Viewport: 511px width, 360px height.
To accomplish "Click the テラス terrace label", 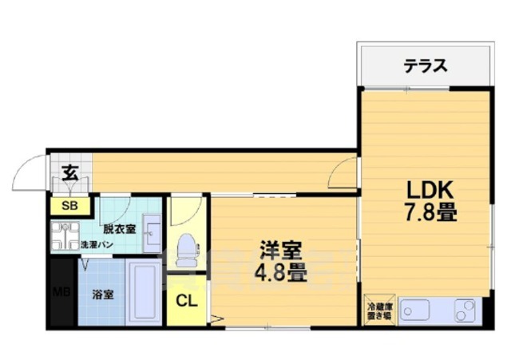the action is click(426, 66).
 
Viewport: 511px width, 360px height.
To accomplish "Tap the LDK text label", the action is click(430, 190).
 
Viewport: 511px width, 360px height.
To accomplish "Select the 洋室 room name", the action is click(280, 251).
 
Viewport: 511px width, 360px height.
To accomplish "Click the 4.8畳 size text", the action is click(280, 272).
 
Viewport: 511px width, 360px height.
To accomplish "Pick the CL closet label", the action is click(187, 302).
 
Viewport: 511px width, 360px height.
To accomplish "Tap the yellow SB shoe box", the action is click(70, 206).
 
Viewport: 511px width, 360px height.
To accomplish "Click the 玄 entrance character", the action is click(71, 173).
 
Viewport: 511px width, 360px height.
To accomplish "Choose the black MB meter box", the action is click(62, 291).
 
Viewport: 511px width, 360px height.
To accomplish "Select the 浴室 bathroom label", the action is click(103, 295).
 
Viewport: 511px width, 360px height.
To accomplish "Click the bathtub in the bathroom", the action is click(144, 292).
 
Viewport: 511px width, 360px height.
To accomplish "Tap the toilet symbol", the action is click(188, 250).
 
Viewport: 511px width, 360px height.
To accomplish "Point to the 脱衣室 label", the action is click(119, 229).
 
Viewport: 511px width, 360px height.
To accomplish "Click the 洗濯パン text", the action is click(97, 245).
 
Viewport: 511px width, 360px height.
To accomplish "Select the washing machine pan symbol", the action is click(65, 235).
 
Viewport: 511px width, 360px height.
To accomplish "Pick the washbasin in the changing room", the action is click(152, 233).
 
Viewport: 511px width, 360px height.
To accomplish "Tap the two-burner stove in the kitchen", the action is click(465, 311).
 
